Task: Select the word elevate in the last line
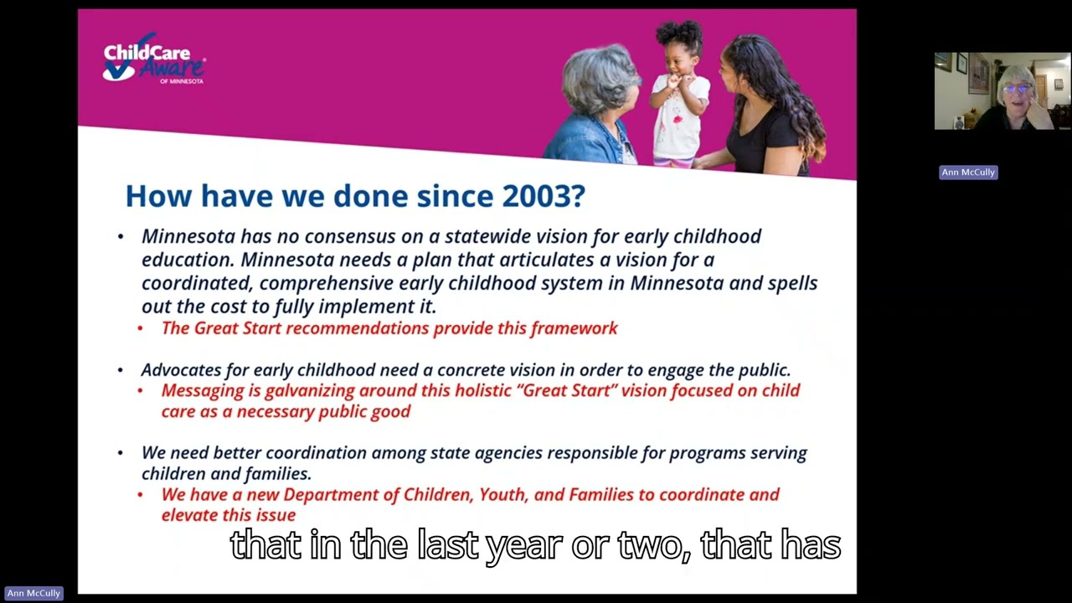pyautogui.click(x=192, y=515)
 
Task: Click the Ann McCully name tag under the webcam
pyautogui.click(x=968, y=173)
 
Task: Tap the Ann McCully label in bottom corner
pyautogui.click(x=33, y=593)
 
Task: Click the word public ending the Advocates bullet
pyautogui.click(x=762, y=370)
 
